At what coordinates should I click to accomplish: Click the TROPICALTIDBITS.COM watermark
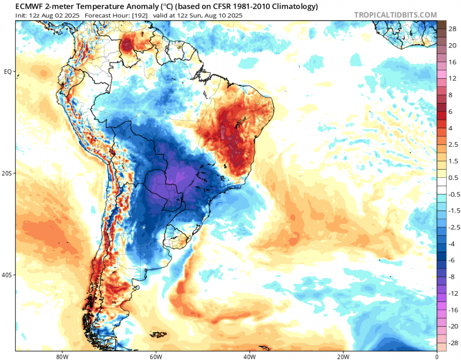point(395,15)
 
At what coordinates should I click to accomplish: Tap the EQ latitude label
point(8,72)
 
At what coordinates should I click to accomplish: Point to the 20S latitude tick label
point(7,173)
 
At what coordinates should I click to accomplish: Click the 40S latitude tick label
point(7,275)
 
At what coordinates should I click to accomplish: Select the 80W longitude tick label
point(61,357)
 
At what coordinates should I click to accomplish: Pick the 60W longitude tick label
point(155,357)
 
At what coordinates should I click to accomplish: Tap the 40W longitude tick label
point(249,357)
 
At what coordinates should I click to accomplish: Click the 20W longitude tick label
point(343,357)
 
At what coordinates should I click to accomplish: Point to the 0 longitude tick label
point(437,357)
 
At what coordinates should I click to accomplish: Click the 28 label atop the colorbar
point(452,29)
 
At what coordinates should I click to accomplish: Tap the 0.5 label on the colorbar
point(452,178)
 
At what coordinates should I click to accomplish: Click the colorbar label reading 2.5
point(452,144)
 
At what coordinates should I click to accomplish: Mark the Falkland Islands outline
point(158,335)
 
